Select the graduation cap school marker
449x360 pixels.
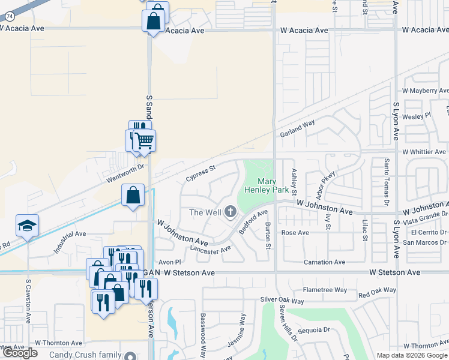pyautogui.click(x=27, y=226)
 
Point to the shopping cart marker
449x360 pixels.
pyautogui.click(x=144, y=141)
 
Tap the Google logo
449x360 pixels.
pyautogui.click(x=20, y=353)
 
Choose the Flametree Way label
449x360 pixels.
pyautogui.click(x=325, y=290)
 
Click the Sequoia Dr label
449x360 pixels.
pyautogui.click(x=314, y=329)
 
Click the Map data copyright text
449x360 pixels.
pyautogui.click(x=411, y=355)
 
